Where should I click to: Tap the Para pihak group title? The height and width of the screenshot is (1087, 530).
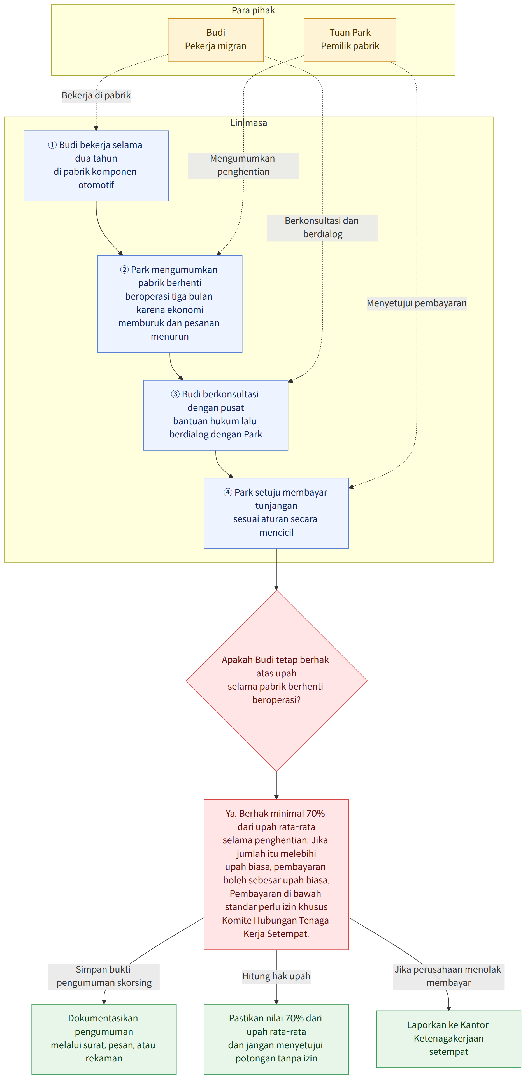[253, 10]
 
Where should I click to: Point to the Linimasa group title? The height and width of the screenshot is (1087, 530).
[249, 123]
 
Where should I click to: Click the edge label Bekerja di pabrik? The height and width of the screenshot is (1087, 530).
[96, 95]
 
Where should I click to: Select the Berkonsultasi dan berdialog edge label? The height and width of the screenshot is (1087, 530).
[322, 227]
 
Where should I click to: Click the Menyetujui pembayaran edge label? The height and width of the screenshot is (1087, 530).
[417, 303]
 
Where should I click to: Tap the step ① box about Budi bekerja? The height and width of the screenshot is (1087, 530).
[96, 166]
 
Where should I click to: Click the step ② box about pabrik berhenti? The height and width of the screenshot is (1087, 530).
[170, 303]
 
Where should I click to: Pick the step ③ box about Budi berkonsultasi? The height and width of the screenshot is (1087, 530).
[215, 415]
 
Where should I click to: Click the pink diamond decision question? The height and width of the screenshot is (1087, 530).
[276, 680]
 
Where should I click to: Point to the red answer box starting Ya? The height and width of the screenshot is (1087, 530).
[276, 874]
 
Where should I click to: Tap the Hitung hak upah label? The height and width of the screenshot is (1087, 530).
[276, 976]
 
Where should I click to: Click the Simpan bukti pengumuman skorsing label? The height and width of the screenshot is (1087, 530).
[104, 976]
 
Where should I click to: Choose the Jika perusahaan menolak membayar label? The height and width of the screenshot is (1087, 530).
[448, 976]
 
